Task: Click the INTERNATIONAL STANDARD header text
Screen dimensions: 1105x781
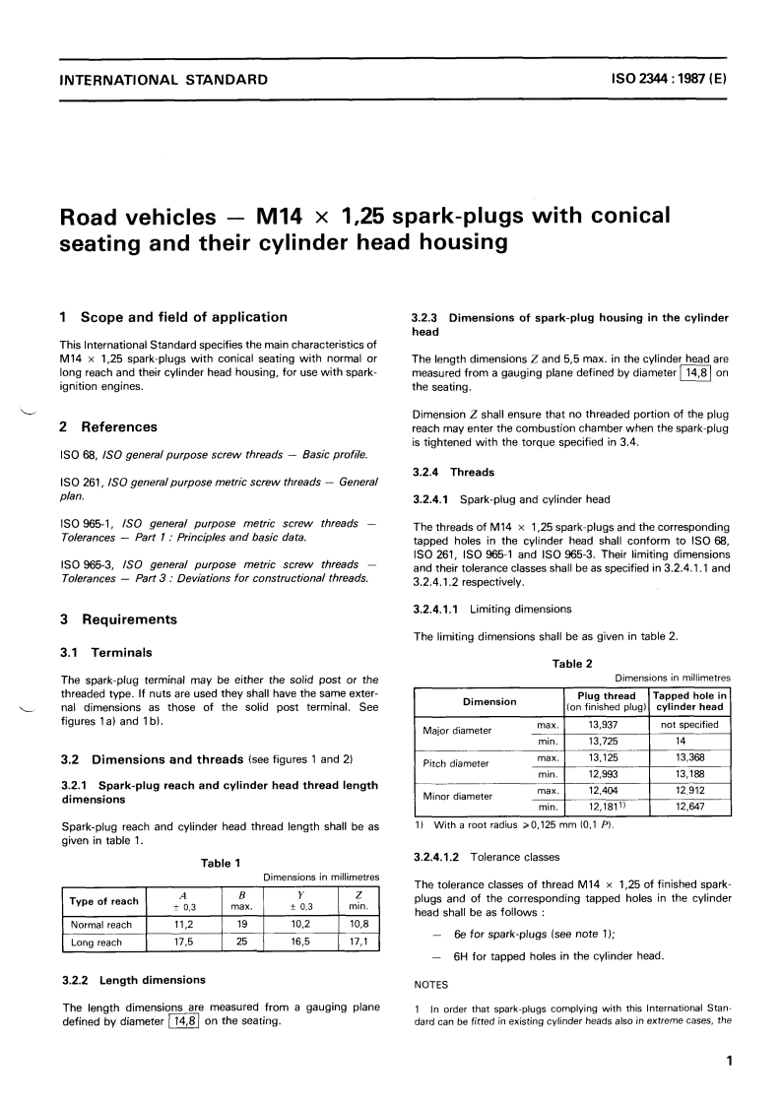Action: (x=163, y=79)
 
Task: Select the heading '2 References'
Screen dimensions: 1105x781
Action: (x=109, y=426)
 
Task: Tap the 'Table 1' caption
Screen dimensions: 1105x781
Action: (x=221, y=863)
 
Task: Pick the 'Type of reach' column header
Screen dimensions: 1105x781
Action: (x=103, y=901)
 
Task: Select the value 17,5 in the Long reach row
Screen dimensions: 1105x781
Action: (x=176, y=942)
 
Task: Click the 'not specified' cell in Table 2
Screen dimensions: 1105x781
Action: (x=689, y=724)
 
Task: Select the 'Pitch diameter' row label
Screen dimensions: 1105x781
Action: (x=456, y=763)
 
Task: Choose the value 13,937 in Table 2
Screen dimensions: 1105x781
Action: (x=602, y=724)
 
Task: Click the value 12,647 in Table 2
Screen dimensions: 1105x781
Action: (x=689, y=808)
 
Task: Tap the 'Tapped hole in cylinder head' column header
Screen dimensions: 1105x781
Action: (x=689, y=701)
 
